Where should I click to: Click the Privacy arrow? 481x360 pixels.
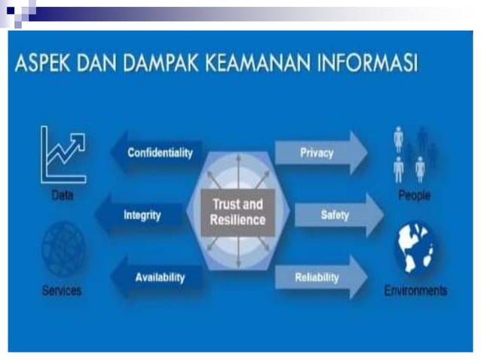320,153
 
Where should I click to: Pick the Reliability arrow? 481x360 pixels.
320,278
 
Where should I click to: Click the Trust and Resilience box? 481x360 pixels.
239,212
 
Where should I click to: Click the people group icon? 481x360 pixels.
414,154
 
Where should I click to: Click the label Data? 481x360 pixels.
63,195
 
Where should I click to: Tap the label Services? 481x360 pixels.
63,290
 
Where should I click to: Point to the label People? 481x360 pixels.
414,195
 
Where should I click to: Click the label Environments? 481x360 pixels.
415,290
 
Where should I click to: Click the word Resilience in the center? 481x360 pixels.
239,220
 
